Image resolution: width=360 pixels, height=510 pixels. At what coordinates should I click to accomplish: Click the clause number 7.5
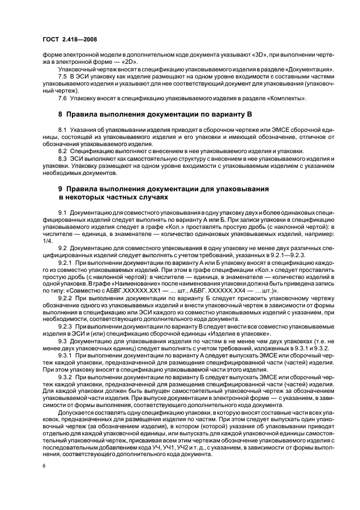click(x=63, y=78)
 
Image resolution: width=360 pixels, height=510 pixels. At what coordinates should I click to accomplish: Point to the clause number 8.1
click(x=63, y=130)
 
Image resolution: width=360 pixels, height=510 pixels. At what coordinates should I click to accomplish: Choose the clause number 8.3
click(x=63, y=157)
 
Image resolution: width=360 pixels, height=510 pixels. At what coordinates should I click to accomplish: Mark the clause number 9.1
click(x=63, y=211)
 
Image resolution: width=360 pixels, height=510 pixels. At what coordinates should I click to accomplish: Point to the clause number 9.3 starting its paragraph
click(x=63, y=342)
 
